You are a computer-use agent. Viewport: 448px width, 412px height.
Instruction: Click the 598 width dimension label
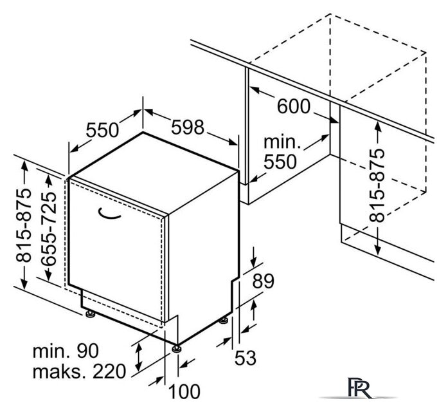(188, 127)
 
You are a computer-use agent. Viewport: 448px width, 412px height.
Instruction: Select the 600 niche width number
(294, 106)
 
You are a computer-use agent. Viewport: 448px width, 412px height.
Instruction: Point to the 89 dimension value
(263, 281)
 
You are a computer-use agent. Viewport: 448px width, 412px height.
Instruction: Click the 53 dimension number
(246, 358)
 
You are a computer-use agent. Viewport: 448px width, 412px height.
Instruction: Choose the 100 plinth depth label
(184, 391)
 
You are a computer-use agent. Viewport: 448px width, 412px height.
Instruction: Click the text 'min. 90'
(66, 351)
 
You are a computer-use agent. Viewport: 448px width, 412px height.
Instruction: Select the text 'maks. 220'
(79, 371)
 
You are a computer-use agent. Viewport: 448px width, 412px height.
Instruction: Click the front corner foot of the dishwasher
(176, 349)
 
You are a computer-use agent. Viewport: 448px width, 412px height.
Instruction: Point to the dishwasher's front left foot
(91, 314)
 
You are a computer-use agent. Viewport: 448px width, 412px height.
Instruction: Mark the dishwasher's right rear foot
(224, 320)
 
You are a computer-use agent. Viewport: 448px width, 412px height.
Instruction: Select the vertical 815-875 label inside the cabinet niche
(377, 185)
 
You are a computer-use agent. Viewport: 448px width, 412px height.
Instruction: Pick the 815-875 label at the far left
(23, 225)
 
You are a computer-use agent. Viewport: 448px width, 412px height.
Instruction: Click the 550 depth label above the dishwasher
(102, 130)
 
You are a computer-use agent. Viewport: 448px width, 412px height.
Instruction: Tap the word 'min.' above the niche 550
(282, 142)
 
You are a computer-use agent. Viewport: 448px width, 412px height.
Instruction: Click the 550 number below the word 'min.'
(280, 162)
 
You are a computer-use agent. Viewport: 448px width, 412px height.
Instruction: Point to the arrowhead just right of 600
(334, 120)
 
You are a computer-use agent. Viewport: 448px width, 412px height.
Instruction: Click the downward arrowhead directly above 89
(254, 262)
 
